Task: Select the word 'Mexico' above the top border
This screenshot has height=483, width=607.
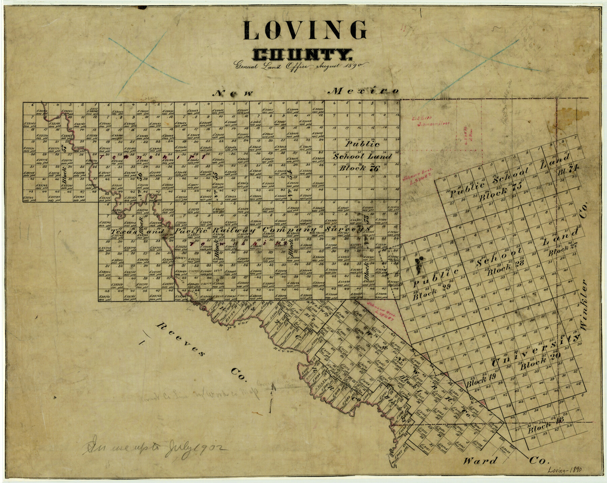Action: [x=364, y=91]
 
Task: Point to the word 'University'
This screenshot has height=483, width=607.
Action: [x=535, y=351]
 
